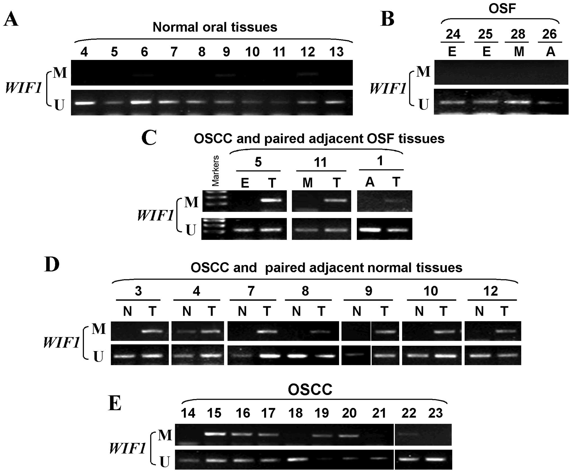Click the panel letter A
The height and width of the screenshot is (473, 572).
point(11,20)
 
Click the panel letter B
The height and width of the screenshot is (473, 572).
point(387,19)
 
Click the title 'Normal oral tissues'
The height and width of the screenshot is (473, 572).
point(215,27)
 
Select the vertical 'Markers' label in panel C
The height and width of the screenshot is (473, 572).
point(215,171)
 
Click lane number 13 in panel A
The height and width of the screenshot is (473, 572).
point(336,52)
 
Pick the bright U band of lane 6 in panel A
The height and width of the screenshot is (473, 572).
point(144,102)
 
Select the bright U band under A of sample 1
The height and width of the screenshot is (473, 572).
point(370,230)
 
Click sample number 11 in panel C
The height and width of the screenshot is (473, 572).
point(320,162)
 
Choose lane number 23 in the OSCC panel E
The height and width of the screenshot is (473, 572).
point(435,413)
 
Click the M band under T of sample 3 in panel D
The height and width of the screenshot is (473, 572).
point(152,331)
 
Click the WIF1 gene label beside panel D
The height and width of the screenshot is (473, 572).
point(61,343)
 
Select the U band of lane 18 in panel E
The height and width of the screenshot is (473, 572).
point(295,459)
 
